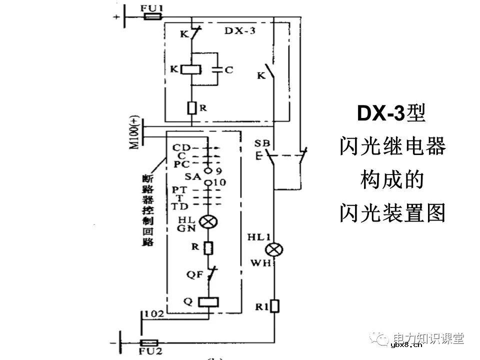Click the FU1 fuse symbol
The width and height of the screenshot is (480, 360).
(151, 16)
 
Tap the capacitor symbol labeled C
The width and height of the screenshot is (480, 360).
(216, 70)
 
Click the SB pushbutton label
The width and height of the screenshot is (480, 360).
(262, 144)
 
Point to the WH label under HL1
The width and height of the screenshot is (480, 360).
(261, 262)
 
